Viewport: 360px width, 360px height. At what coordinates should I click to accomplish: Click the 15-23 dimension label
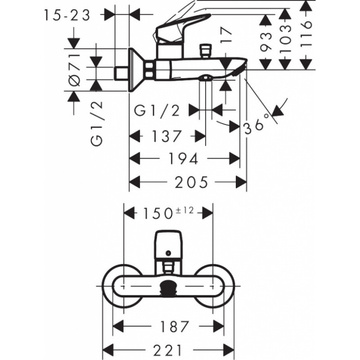tap(67, 16)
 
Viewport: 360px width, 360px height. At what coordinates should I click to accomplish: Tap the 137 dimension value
tap(166, 136)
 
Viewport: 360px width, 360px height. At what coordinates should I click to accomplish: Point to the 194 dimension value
tap(183, 158)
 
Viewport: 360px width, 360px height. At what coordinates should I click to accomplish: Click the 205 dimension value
tap(191, 183)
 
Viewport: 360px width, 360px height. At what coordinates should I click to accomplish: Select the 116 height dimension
tap(306, 35)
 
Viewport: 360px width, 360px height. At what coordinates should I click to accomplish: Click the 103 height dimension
tap(286, 39)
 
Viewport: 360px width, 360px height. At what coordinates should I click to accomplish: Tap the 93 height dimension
tap(266, 41)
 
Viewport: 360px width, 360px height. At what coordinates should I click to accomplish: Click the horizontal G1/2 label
tap(157, 111)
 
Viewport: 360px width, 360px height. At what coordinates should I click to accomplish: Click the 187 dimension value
tap(175, 327)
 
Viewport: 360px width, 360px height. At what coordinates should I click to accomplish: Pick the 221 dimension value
tap(168, 351)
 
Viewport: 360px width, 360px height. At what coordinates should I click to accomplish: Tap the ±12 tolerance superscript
tap(184, 210)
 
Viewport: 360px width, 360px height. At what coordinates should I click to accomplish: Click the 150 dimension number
tap(158, 213)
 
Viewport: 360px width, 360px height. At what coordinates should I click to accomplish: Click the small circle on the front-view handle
tap(168, 253)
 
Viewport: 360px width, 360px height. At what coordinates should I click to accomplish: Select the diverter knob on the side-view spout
tap(206, 51)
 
